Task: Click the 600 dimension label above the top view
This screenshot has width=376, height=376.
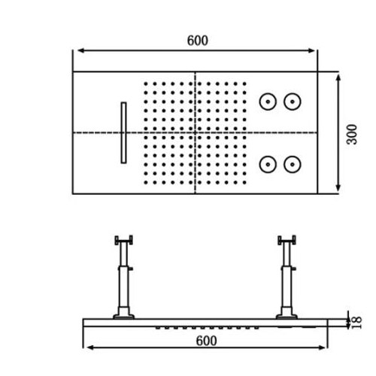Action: click(198, 41)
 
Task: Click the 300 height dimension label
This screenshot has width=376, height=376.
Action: click(352, 135)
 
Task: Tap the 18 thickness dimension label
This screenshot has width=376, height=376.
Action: click(356, 323)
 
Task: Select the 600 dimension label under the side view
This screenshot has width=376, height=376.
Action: click(206, 341)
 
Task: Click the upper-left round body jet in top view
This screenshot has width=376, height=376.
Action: click(268, 102)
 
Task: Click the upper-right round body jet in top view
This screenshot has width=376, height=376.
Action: click(293, 102)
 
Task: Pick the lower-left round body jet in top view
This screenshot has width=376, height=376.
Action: click(268, 165)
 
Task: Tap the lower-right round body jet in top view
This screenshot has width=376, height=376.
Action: click(293, 165)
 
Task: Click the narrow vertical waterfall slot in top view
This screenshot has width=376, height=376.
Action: click(123, 132)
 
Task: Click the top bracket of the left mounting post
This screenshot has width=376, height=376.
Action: click(123, 240)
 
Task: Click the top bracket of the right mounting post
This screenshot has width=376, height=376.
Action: click(287, 240)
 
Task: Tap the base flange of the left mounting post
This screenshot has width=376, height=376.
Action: click(123, 317)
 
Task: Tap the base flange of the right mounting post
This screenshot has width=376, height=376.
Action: click(287, 317)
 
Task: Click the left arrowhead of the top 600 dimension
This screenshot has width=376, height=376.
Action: click(80, 50)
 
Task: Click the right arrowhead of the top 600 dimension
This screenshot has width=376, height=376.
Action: click(312, 50)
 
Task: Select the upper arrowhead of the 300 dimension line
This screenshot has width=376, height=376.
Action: click(338, 77)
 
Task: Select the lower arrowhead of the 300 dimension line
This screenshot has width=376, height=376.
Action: click(338, 188)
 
